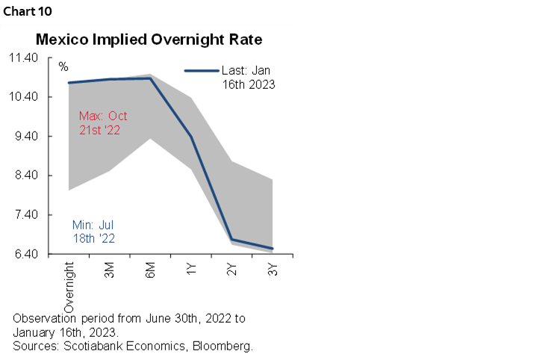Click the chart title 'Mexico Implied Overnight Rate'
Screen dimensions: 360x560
(x=149, y=39)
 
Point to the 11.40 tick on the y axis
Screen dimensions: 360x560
(x=32, y=58)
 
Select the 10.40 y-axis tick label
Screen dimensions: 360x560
(x=32, y=97)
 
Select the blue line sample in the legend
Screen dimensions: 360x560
(x=201, y=71)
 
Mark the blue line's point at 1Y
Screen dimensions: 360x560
(x=191, y=137)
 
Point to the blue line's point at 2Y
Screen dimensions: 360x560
(x=232, y=240)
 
